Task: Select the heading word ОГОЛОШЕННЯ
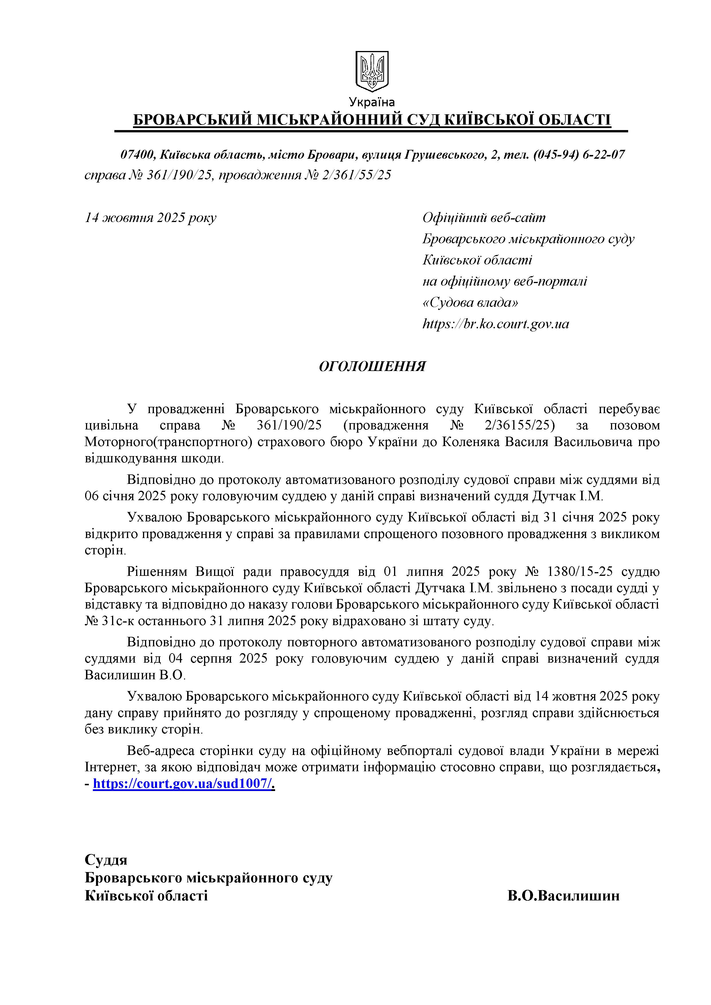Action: pos(372,366)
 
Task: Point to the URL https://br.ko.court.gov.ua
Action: pos(495,324)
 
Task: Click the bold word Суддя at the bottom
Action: pos(106,860)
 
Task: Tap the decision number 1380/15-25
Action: pos(579,572)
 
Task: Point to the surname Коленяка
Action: pos(472,442)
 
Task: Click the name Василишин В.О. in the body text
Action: pos(135,675)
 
